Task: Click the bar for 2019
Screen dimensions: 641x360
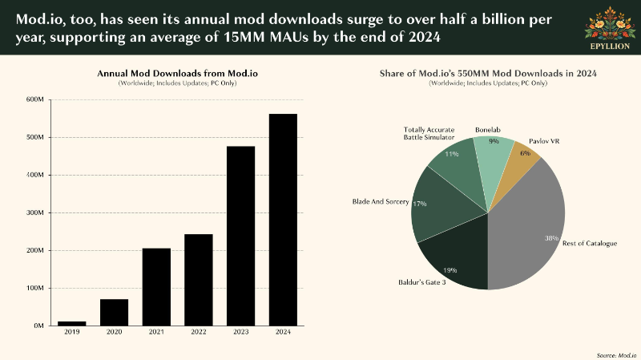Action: click(72, 324)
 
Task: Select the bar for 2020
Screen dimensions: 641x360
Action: click(114, 313)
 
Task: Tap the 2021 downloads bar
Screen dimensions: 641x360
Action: click(156, 287)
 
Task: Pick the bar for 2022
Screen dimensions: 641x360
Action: click(199, 280)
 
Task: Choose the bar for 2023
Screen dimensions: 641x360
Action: click(241, 236)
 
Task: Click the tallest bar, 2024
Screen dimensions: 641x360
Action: click(283, 220)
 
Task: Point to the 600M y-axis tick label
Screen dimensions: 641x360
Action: click(35, 99)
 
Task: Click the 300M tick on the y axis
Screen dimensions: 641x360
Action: click(35, 212)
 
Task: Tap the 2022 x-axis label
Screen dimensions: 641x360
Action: click(199, 332)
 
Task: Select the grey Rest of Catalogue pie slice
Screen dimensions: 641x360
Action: click(527, 229)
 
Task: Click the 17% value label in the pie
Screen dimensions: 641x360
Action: click(419, 204)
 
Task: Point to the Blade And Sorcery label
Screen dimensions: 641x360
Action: click(381, 202)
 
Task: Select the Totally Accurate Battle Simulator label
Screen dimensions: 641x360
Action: click(429, 134)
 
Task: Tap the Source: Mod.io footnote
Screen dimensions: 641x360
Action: click(616, 355)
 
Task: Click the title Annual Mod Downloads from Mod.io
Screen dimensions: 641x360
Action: click(177, 74)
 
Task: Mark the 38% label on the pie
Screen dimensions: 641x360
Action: click(551, 238)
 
